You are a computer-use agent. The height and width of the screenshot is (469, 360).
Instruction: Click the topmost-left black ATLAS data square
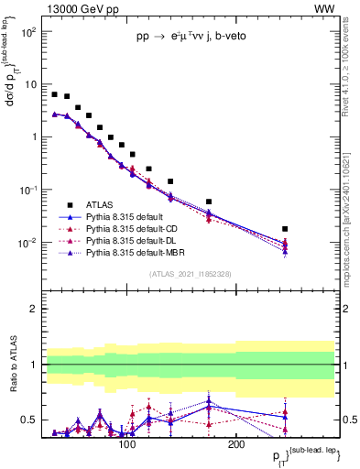tap(55, 94)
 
